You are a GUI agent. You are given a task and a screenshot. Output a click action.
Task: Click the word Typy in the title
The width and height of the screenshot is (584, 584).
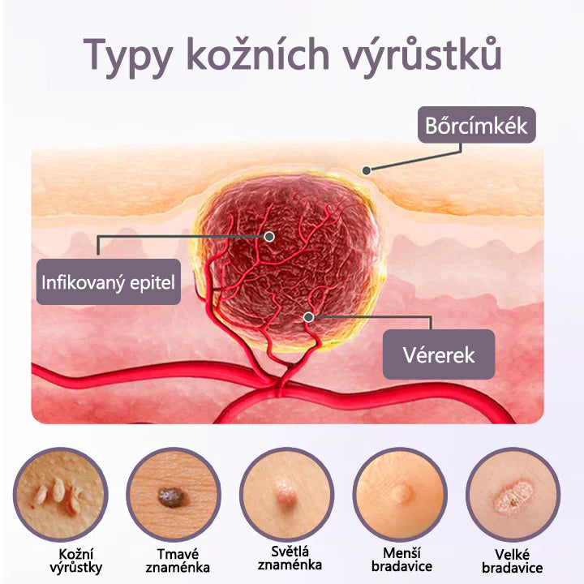coord(127,57)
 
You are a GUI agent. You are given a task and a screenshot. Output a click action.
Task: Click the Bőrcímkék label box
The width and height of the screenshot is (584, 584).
coord(477,125)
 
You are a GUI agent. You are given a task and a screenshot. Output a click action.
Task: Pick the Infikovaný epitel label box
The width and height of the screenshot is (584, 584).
coord(109,282)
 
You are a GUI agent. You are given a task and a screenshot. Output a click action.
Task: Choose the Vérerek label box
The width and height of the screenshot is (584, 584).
coord(439,354)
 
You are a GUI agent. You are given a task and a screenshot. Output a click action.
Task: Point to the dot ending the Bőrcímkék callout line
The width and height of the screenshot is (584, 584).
coord(367,170)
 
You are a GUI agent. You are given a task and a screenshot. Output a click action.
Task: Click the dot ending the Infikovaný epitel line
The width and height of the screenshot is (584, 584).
coord(269,237)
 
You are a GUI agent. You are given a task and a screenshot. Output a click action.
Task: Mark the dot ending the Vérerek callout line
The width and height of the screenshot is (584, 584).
coord(308,317)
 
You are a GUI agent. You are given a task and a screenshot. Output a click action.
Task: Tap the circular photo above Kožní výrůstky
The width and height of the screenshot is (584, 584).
coord(60,495)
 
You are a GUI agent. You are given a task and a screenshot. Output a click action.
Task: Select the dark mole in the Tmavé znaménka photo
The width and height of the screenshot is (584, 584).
coord(171,497)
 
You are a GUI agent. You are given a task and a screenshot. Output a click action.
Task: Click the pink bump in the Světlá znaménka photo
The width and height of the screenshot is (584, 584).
coord(285,493)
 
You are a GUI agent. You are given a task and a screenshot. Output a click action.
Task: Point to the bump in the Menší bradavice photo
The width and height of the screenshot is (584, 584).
coord(401,492)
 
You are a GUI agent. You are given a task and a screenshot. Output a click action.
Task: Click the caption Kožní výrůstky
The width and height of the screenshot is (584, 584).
coord(76,561)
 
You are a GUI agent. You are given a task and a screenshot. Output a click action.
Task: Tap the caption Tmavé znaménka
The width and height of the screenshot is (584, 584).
coord(178,560)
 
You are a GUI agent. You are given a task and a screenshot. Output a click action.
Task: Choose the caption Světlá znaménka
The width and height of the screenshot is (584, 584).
coord(290,558)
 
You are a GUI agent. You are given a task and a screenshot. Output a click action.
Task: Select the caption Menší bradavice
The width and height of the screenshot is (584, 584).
coord(401,560)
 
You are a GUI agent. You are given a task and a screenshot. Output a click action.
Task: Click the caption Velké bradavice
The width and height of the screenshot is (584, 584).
coord(513,561)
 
